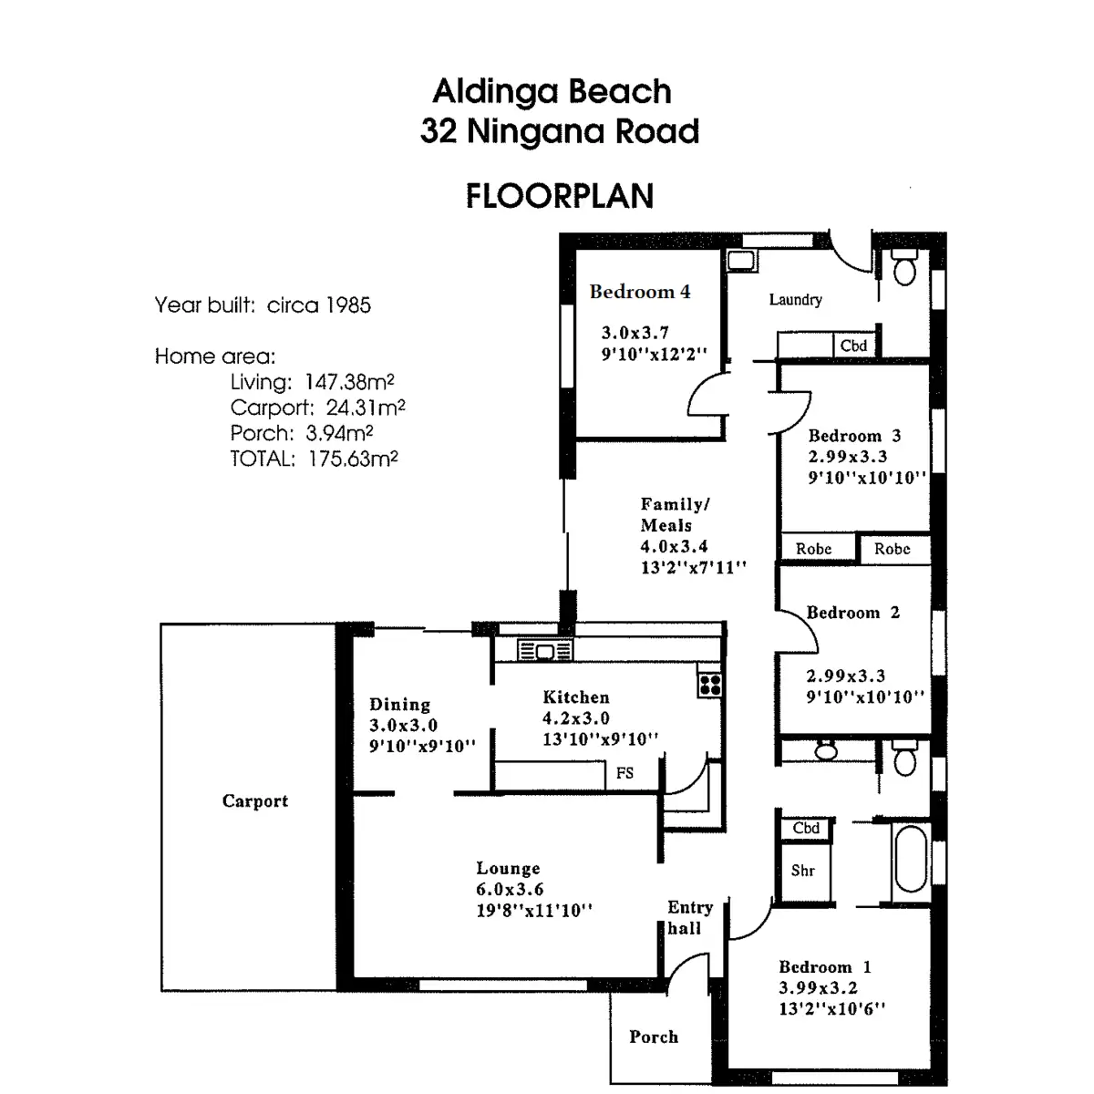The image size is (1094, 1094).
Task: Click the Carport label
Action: pos(254,801)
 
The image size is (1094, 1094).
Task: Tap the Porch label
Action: pos(654,1037)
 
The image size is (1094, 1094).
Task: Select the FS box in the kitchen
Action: pos(624,773)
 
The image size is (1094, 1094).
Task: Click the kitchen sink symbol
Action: pos(545,651)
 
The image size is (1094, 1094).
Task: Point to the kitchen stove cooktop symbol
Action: pos(710,685)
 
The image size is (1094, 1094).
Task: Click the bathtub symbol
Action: pos(911,859)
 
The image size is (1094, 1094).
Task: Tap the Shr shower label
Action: pos(803,871)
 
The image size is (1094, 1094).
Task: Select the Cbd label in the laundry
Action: pos(854,346)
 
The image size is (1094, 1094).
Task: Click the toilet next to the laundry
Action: pos(904,267)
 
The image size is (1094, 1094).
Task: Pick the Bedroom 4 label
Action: pos(640,292)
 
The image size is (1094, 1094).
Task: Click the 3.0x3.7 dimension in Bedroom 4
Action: pos(635,333)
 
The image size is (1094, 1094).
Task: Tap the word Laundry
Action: pos(795,299)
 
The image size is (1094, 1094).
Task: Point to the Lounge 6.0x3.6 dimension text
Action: pos(510,889)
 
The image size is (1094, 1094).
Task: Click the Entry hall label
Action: pos(688,917)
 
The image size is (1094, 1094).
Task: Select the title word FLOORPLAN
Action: pos(560,196)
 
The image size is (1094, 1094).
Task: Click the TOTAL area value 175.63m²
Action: pos(354,459)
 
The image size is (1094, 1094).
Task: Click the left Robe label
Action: pos(813,549)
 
